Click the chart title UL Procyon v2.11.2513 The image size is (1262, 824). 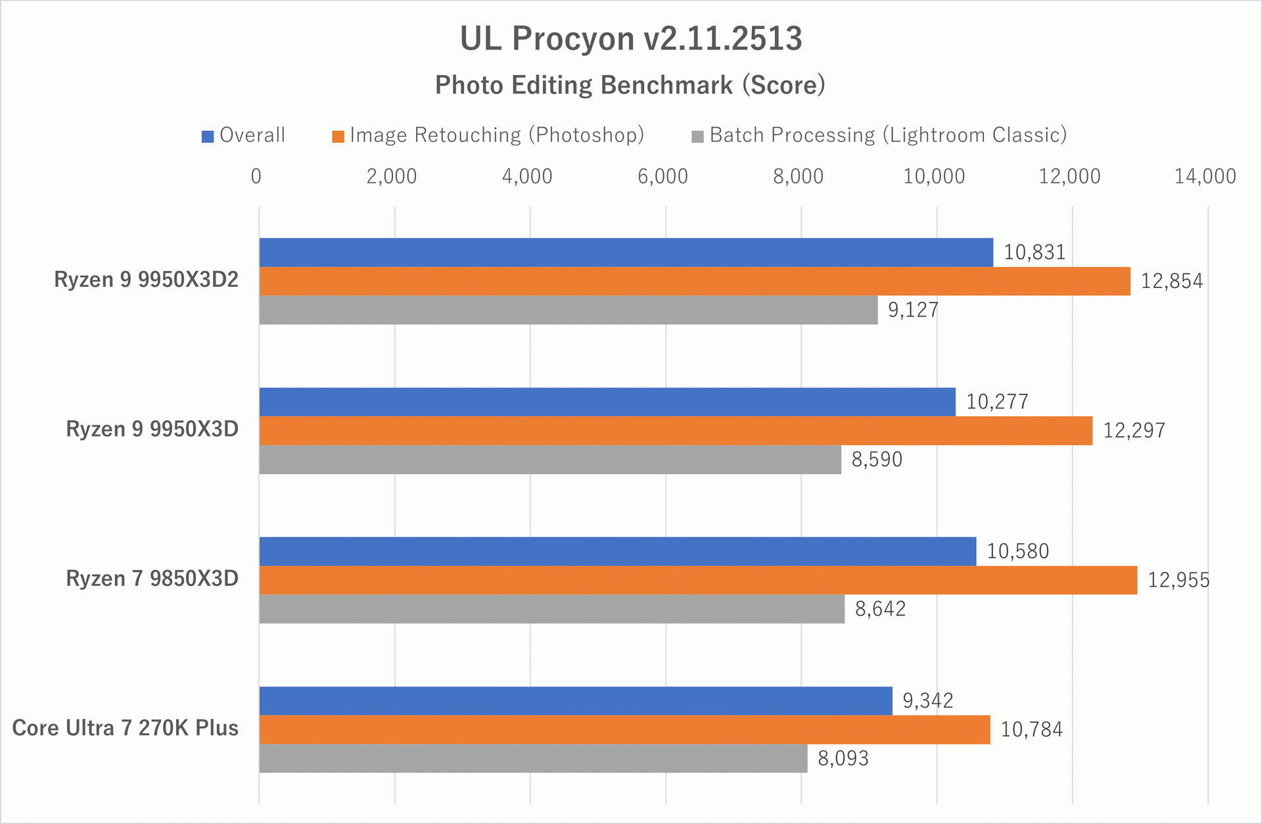630,38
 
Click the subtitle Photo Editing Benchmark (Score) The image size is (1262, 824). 630,85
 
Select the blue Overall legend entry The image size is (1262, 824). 244,135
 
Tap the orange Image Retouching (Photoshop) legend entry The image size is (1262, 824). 488,135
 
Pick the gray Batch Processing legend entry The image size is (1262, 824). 879,135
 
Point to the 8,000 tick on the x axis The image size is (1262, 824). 798,176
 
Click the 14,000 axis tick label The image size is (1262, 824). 1205,176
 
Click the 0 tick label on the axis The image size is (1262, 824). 256,176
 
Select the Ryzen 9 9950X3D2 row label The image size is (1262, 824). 146,280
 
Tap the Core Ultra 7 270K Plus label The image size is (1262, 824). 126,729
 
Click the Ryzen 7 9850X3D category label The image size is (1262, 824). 152,579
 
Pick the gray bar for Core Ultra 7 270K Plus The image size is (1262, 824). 532,758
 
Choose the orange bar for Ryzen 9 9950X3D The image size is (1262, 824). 676,431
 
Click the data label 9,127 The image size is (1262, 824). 913,310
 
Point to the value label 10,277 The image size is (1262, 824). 997,402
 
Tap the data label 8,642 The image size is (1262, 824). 880,609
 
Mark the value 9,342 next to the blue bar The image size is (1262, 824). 927,701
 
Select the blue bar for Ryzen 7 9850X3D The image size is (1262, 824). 618,551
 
